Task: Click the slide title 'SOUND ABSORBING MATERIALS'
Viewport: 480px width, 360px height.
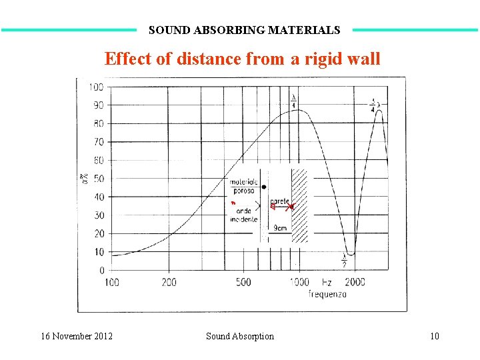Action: [244, 30]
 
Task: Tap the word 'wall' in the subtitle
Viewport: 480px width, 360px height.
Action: [363, 59]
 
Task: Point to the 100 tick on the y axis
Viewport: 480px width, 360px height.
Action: [96, 87]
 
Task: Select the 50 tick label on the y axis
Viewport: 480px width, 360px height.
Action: [98, 179]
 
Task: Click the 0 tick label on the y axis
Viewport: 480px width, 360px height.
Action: [101, 270]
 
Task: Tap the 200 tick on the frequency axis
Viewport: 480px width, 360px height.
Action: [169, 282]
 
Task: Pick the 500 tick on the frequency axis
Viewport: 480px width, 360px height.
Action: [243, 282]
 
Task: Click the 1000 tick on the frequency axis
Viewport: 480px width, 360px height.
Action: [299, 282]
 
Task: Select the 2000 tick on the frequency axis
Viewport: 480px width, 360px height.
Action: [355, 282]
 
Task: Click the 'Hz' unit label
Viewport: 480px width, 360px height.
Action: [327, 282]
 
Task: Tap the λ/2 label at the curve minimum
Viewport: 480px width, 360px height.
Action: [345, 260]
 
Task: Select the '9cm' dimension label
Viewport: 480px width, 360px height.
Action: [281, 228]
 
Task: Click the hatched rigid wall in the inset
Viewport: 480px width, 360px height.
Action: [301, 205]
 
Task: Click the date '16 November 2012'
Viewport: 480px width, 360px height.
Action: [76, 336]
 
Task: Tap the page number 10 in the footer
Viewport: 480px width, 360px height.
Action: [434, 336]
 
